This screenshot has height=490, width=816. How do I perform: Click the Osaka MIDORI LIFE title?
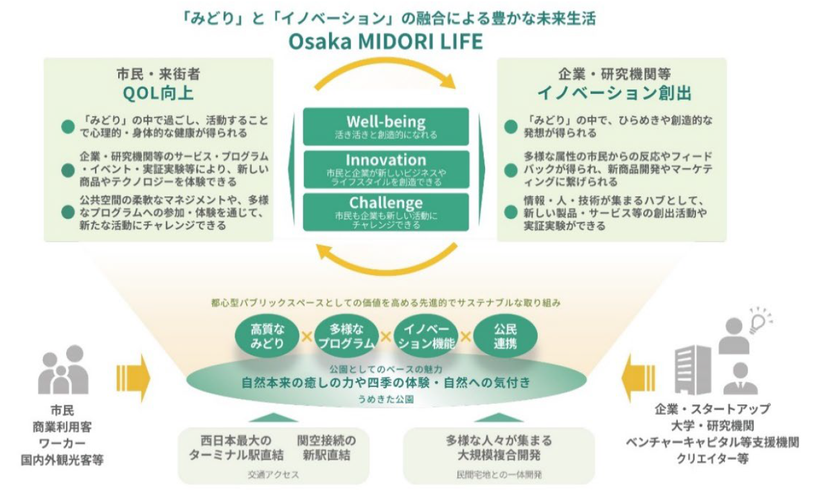click(x=386, y=41)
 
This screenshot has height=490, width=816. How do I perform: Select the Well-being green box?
click(x=386, y=127)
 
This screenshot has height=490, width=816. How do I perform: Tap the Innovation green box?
click(x=386, y=169)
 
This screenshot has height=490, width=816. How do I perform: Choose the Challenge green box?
click(x=386, y=212)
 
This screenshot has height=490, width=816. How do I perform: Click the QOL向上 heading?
click(x=158, y=94)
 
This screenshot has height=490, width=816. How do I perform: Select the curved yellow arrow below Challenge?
click(x=386, y=265)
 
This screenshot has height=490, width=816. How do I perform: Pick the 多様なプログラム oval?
click(x=346, y=336)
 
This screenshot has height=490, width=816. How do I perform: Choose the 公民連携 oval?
click(x=505, y=336)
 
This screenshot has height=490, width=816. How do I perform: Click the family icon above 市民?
click(x=63, y=371)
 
